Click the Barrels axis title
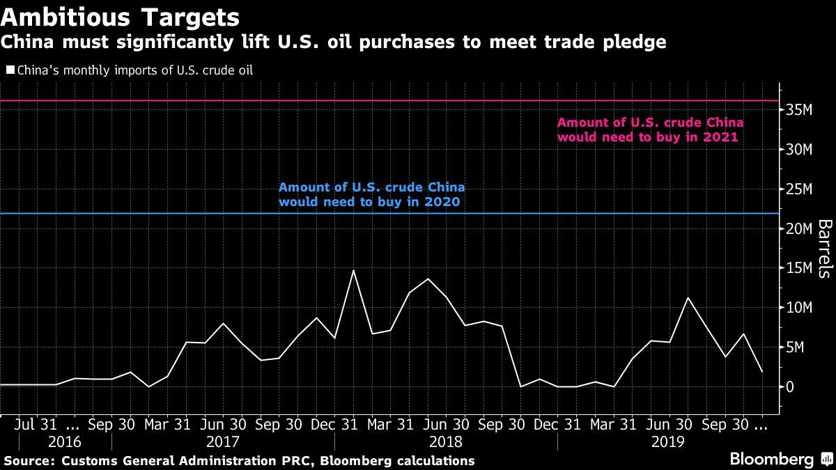pos(824,249)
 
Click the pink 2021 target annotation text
pos(650,130)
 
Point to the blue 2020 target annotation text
pos(371,195)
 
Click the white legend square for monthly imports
pos(10,70)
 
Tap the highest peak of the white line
pos(353,270)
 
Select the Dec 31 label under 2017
pos(334,423)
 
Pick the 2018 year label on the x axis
pos(446,441)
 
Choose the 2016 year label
pos(65,441)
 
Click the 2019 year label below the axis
pos(668,441)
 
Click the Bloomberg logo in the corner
pos(771,459)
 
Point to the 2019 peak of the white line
pos(688,298)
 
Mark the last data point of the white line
pos(763,372)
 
